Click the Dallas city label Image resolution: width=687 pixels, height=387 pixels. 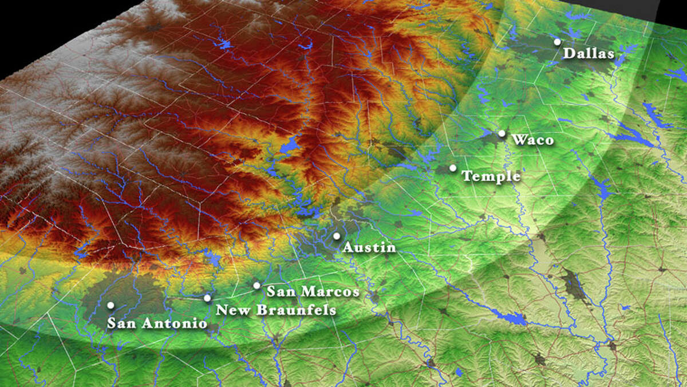[589, 54]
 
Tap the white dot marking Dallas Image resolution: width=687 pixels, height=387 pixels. [557, 42]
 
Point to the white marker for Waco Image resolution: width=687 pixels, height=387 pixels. [502, 133]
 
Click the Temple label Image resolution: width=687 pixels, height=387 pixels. [491, 176]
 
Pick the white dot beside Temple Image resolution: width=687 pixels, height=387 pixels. [453, 168]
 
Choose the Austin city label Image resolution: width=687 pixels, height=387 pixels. [369, 248]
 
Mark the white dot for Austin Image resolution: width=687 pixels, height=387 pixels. [337, 236]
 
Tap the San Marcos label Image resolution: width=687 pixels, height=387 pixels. [313, 292]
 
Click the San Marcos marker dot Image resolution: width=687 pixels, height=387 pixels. [256, 285]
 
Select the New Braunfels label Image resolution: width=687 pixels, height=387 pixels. [275, 310]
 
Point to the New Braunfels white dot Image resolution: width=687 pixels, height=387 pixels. [207, 298]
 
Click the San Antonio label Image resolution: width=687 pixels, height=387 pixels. [157, 323]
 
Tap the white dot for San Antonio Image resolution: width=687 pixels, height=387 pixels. [110, 305]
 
